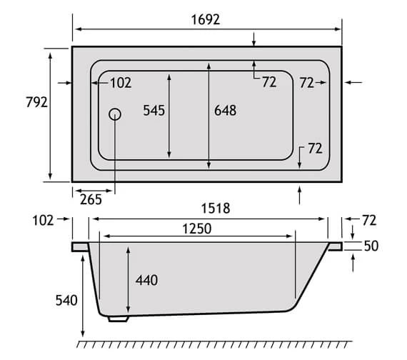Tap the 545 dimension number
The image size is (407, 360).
point(154,110)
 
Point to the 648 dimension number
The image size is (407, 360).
point(224,110)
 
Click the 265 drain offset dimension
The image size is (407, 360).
point(91,199)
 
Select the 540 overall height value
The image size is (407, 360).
point(65,300)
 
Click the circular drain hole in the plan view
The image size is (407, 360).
point(114,114)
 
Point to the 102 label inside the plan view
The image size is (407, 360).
point(121,83)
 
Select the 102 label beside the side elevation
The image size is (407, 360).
point(42,220)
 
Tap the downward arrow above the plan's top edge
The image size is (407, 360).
point(255,39)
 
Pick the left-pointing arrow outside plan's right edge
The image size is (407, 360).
point(353,83)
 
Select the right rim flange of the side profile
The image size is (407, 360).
point(335,246)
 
